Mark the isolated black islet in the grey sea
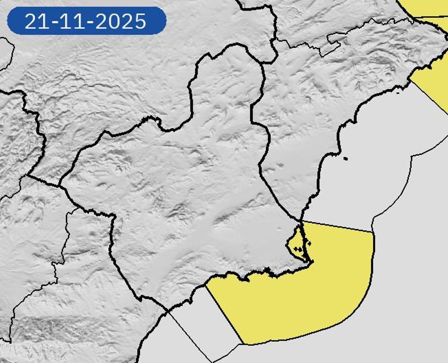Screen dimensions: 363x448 pyautogui.click(x=345, y=159)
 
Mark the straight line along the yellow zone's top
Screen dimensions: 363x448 pyautogui.click(x=336, y=226)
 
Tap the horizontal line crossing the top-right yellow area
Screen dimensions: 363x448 pyautogui.click(x=429, y=17)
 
